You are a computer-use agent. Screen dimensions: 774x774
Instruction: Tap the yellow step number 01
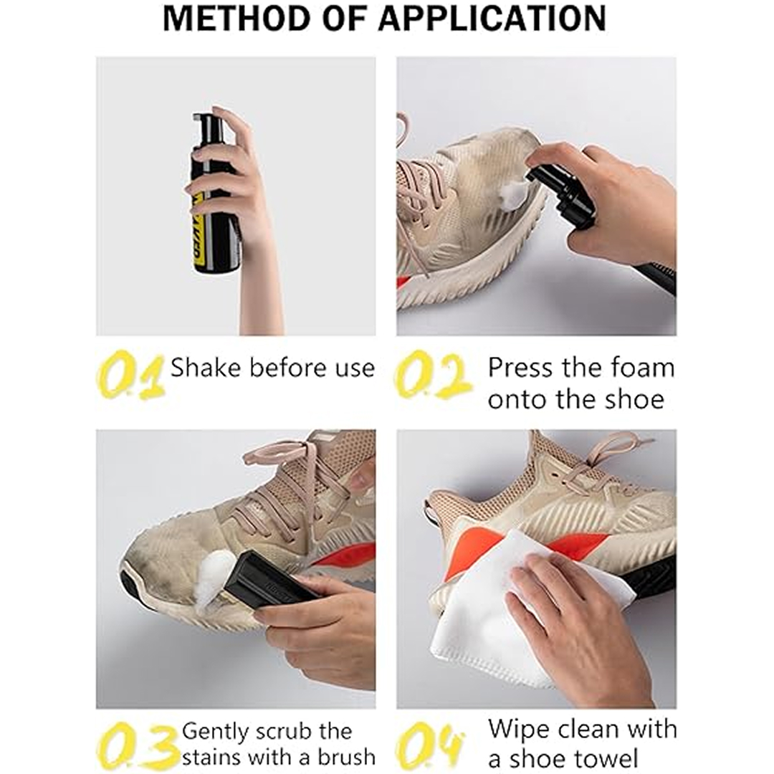coord(131,375)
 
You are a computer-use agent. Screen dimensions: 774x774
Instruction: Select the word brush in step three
coord(346,756)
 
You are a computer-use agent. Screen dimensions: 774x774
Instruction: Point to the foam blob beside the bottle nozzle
coord(513,195)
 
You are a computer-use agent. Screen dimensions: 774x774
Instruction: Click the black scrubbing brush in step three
coord(269,580)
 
